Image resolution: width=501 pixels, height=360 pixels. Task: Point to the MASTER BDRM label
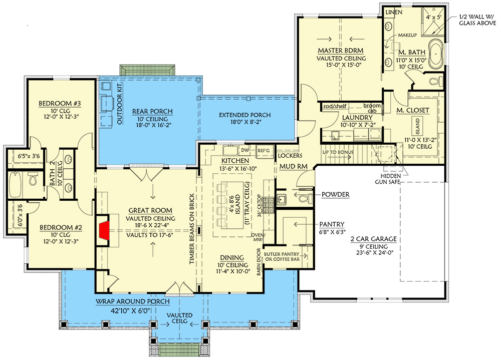340,51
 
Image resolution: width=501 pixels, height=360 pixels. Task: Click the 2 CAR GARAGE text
373,239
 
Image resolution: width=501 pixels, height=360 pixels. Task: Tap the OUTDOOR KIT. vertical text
120,107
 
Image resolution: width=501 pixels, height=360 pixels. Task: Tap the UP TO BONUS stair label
338,152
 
